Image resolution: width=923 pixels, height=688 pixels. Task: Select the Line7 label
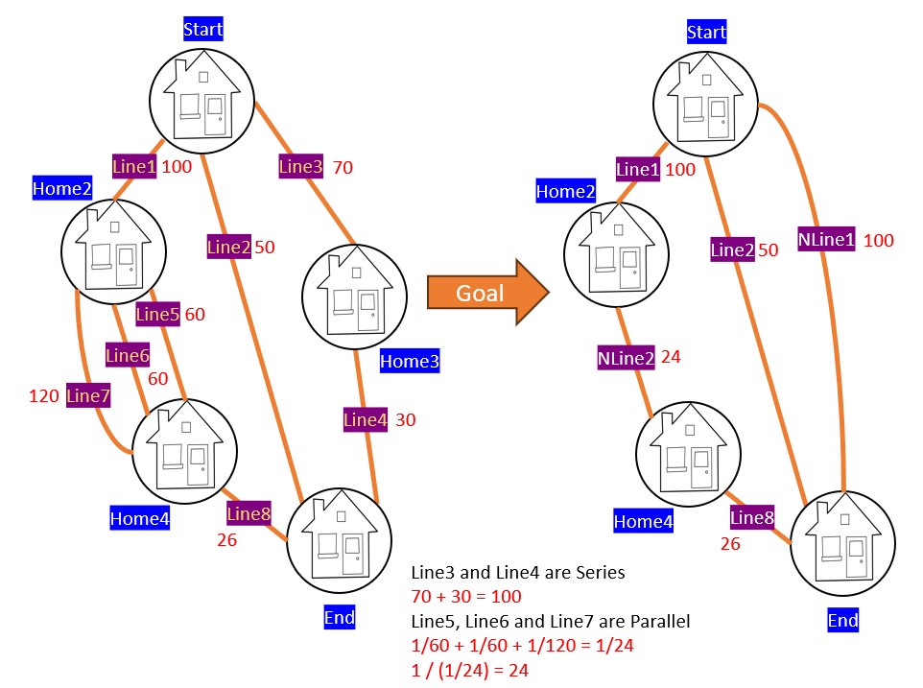coord(88,394)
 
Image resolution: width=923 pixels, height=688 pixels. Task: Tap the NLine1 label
coord(826,239)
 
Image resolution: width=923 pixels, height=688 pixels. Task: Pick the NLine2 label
coord(625,358)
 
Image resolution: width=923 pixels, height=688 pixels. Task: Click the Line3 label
coord(300,166)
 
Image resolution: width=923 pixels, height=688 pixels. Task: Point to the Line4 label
coord(366,419)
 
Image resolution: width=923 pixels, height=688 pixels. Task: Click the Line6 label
coord(128,355)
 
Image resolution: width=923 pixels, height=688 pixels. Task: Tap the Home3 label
coord(409,362)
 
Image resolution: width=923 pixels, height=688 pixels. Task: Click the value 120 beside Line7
coord(44,393)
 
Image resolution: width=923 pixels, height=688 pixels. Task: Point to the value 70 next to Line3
coord(343,168)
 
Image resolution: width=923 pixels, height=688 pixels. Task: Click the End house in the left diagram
coord(339,536)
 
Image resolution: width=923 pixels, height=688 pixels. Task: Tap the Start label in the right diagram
coord(706,34)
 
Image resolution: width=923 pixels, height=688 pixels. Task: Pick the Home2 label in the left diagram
coord(61,188)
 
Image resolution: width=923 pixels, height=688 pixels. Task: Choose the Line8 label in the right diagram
coord(752,518)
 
